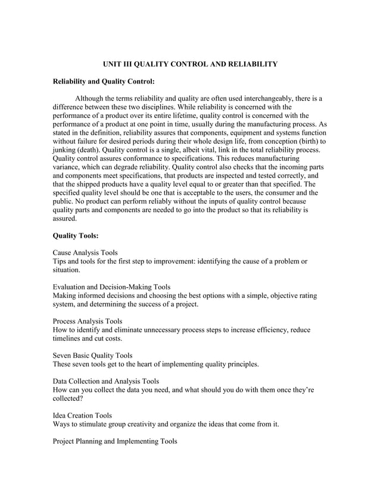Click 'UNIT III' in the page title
[x=117, y=63]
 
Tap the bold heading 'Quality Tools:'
[x=76, y=236]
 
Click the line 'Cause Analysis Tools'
[x=85, y=253]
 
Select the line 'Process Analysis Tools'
[x=88, y=321]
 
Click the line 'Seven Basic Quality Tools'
[x=93, y=356]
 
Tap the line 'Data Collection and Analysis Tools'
[x=106, y=381]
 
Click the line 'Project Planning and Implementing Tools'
[x=115, y=441]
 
